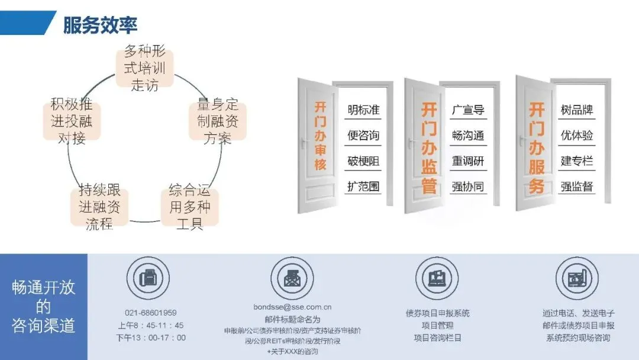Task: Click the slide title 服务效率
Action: (x=100, y=25)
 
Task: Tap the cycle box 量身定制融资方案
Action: (x=218, y=122)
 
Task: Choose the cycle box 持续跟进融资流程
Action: (x=99, y=207)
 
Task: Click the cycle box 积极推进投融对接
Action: (x=72, y=122)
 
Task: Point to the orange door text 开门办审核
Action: (x=320, y=136)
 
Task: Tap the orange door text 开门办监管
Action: (x=429, y=148)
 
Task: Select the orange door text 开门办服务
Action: (x=537, y=148)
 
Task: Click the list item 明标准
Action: (x=363, y=110)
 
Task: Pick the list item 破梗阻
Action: (x=363, y=161)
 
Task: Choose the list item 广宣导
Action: (x=468, y=110)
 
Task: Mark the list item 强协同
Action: (x=468, y=187)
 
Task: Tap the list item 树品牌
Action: (x=577, y=110)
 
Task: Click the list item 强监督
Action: (x=577, y=187)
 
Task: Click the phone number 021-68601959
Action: (x=150, y=313)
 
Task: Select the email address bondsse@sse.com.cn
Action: (x=292, y=307)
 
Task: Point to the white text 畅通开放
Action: (x=44, y=288)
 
